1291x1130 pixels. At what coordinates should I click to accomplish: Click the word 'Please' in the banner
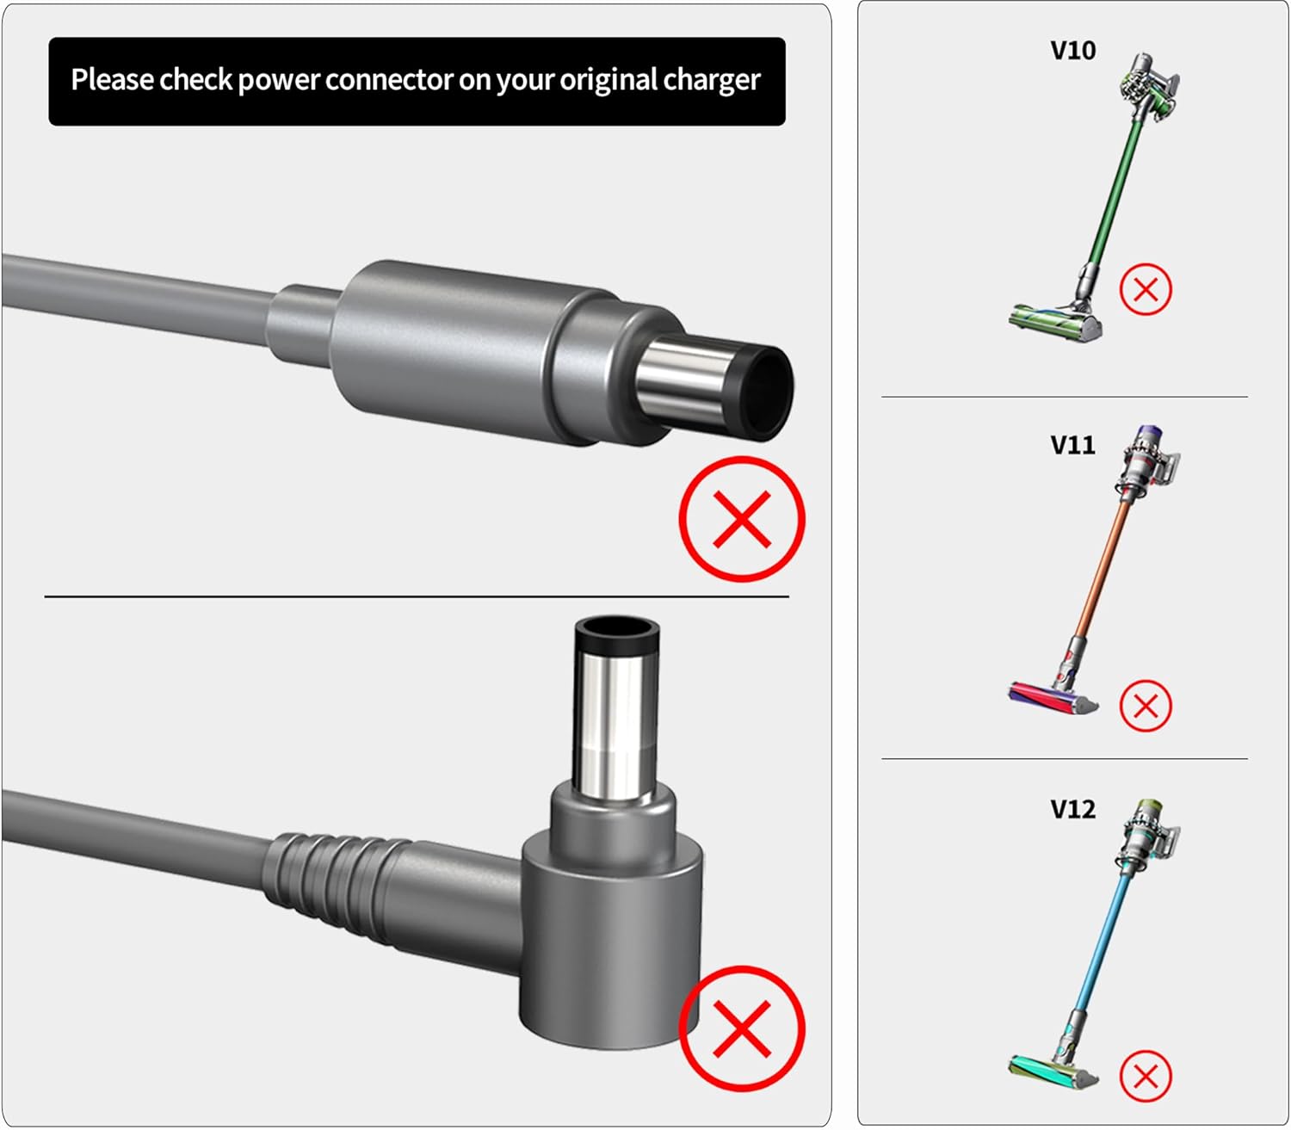[x=112, y=79]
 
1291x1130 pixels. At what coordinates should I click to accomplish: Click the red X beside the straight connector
[x=742, y=519]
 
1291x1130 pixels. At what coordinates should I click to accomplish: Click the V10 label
[x=1072, y=51]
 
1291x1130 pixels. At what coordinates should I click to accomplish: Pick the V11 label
[x=1072, y=446]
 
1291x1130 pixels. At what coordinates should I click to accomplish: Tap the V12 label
[x=1072, y=810]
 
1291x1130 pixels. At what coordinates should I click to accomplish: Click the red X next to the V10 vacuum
[x=1146, y=289]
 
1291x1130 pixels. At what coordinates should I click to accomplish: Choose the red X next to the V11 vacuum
[x=1146, y=706]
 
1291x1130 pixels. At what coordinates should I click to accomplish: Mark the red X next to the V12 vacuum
[x=1146, y=1076]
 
